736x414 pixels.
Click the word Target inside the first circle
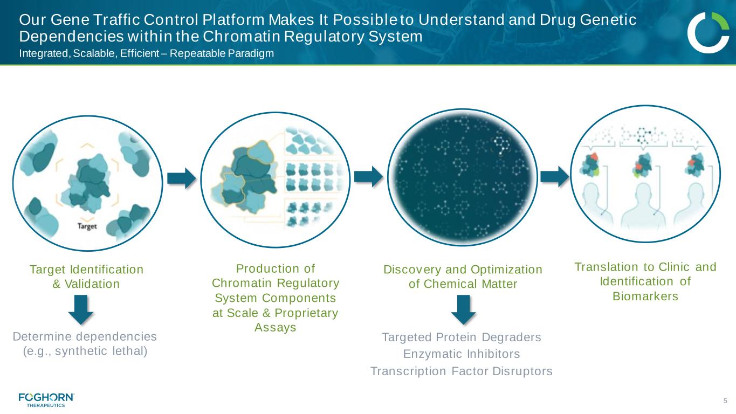[87, 226]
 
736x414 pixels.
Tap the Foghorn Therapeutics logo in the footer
[46, 399]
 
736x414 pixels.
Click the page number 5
[725, 401]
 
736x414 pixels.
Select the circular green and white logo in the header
[708, 32]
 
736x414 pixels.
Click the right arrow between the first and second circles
[182, 178]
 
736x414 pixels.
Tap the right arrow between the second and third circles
[368, 177]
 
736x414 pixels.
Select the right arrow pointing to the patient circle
[555, 177]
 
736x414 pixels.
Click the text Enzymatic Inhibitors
[462, 354]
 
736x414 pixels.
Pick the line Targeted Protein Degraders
[462, 337]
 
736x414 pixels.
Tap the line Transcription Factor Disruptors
[462, 371]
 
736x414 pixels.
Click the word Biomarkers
[645, 296]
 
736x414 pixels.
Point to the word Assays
[276, 327]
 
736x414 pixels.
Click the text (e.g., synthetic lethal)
[85, 351]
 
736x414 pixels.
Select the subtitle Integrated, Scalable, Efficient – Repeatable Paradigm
[147, 53]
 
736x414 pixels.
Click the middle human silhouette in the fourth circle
[643, 205]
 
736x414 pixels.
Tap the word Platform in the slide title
[233, 20]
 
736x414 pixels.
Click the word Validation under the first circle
[92, 284]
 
